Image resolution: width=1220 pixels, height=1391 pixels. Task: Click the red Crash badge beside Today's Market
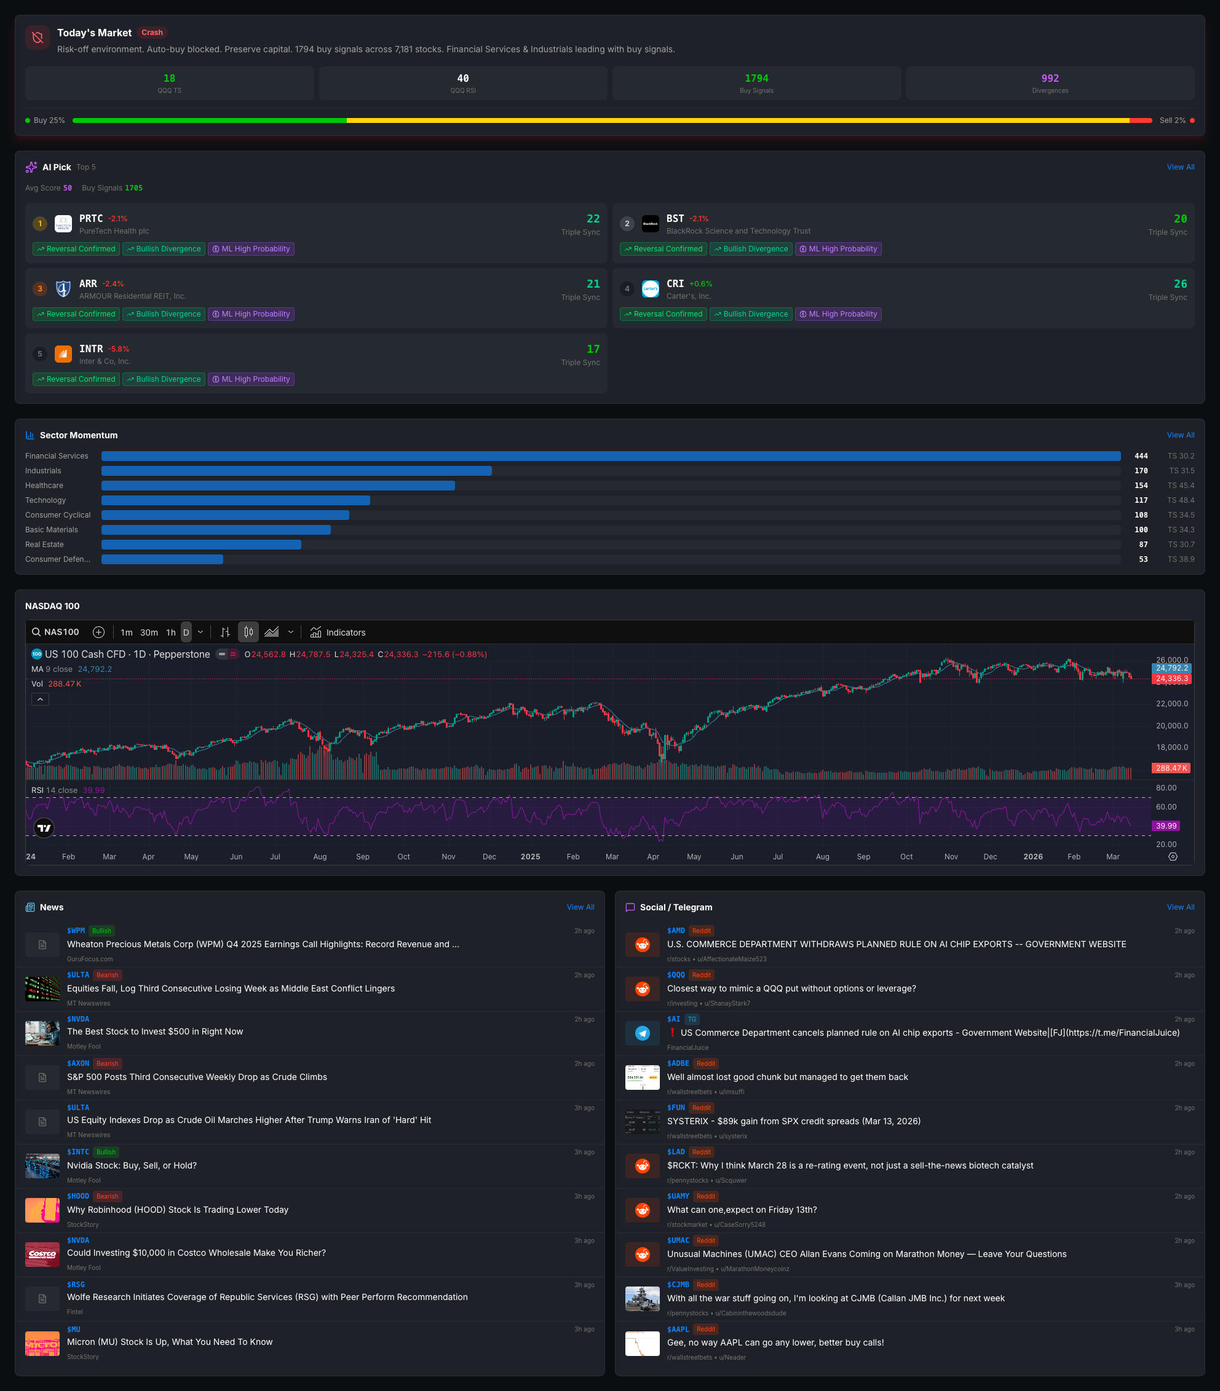tap(152, 33)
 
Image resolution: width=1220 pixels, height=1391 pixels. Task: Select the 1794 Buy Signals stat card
tap(756, 83)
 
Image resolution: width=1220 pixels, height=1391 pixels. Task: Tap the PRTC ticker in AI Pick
tap(90, 218)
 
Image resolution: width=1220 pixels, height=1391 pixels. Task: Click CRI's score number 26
tap(1180, 284)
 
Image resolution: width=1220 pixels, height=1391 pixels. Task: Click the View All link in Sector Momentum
tap(1180, 435)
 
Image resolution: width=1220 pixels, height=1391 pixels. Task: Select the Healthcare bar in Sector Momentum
tap(278, 485)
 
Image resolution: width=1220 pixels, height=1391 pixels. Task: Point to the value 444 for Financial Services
tap(1141, 456)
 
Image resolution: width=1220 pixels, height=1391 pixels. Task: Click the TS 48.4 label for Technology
tap(1181, 500)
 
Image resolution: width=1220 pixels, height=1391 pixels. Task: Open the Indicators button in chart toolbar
tap(338, 632)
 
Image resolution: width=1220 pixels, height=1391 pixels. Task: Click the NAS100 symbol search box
tap(56, 632)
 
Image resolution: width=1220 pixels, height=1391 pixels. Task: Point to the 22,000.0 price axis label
tap(1171, 704)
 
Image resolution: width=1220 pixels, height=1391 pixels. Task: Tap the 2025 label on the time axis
tap(529, 857)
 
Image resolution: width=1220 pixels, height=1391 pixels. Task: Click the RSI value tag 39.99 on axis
tap(1165, 826)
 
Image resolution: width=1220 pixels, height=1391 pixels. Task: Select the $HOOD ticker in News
tap(77, 1196)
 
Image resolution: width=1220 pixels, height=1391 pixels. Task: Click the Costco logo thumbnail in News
tap(42, 1254)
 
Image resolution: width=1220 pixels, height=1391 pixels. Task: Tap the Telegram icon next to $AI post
tap(642, 1033)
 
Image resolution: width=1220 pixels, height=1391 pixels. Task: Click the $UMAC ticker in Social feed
tap(678, 1240)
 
